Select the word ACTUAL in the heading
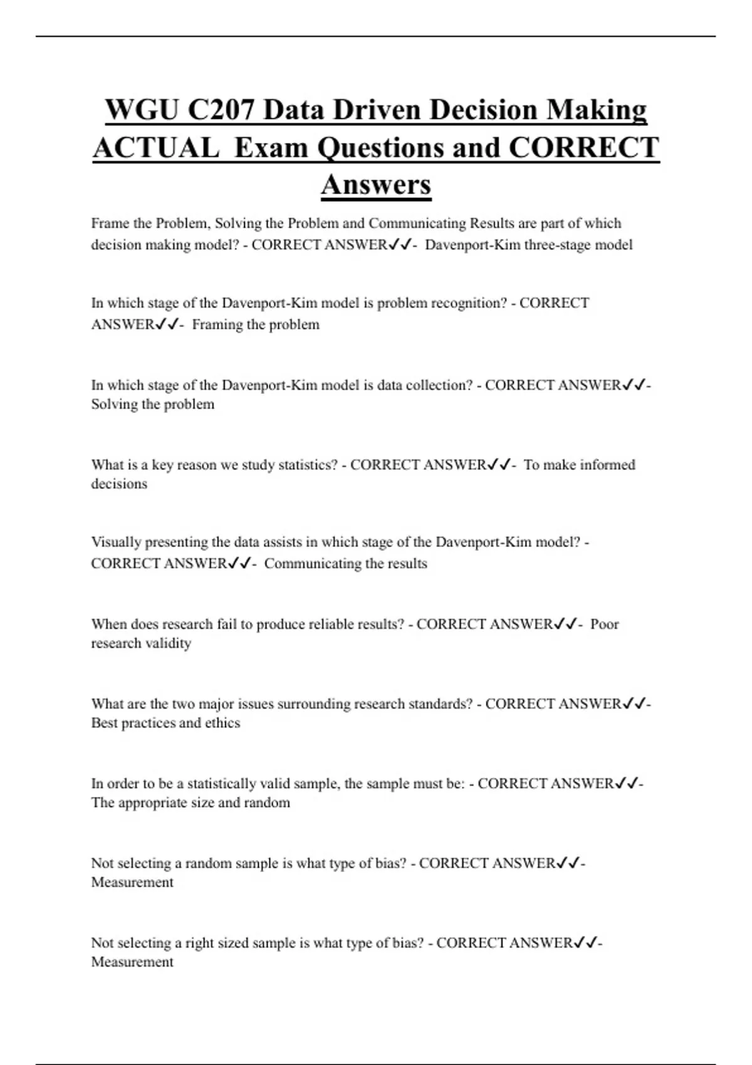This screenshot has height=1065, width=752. (156, 148)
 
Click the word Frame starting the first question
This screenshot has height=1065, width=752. (110, 224)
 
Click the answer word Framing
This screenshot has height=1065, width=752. (217, 325)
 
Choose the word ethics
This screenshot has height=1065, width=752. (222, 723)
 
